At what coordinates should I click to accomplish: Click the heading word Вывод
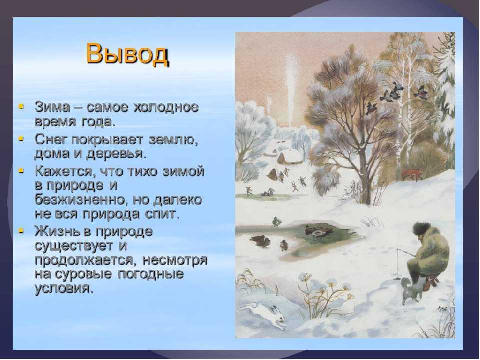127,54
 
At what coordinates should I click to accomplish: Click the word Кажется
63,171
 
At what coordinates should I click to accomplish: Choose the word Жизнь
56,231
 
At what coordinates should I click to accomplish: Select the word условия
63,288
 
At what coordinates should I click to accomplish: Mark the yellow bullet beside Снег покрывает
21,138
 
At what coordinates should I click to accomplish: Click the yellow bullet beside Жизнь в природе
21,230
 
